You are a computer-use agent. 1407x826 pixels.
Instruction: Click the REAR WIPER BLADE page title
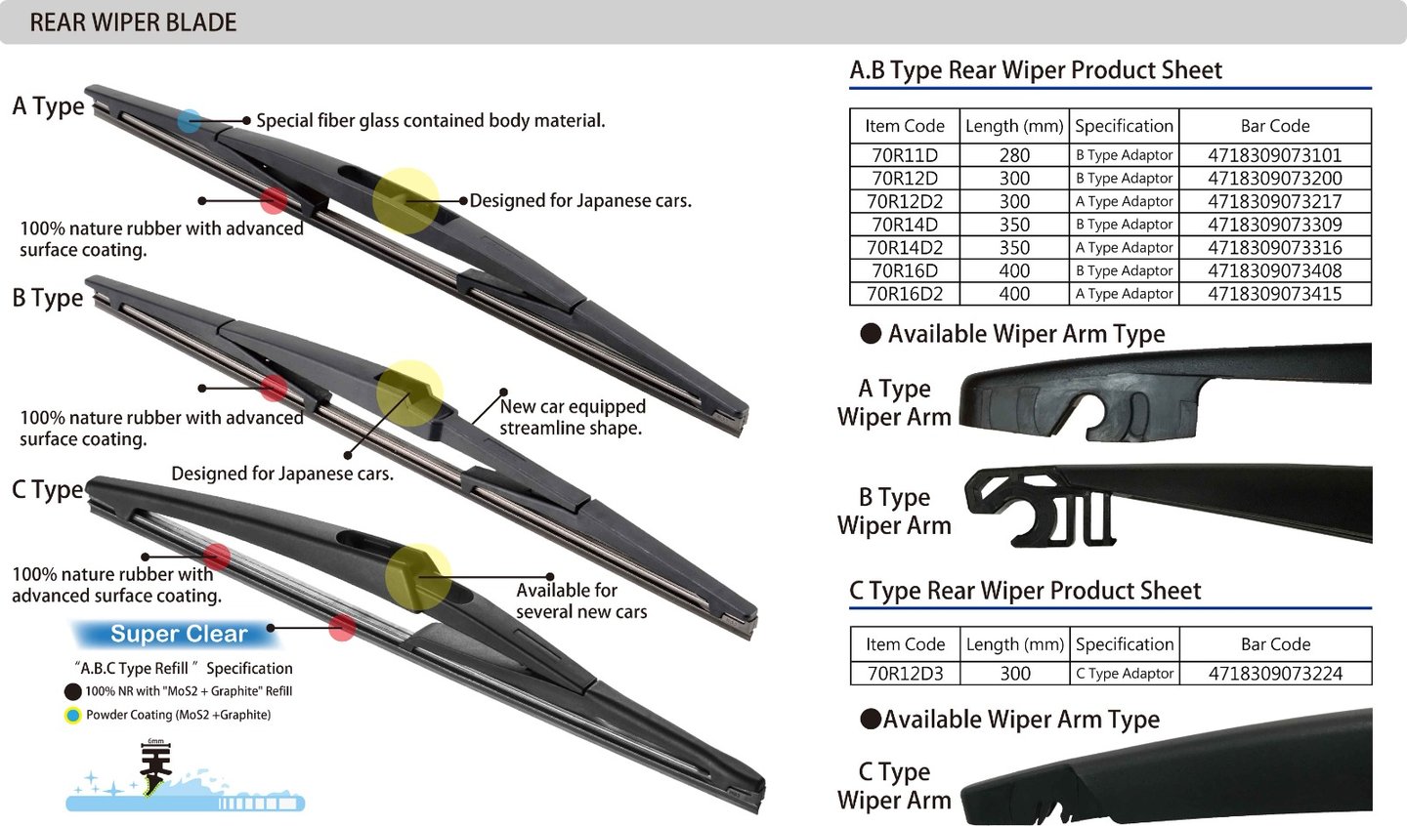pyautogui.click(x=133, y=22)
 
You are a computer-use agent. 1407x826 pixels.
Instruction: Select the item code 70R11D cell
pyautogui.click(x=904, y=155)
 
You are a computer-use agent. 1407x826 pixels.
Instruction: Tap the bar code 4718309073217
pyautogui.click(x=1274, y=201)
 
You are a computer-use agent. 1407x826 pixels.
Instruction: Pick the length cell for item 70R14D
pyautogui.click(x=1014, y=225)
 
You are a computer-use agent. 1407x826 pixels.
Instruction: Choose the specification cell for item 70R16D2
pyautogui.click(x=1124, y=294)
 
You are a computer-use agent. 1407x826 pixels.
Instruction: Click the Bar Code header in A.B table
pyautogui.click(x=1274, y=126)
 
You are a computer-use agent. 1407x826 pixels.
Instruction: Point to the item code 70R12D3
pyautogui.click(x=905, y=674)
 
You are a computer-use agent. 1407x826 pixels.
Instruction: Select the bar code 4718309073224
pyautogui.click(x=1275, y=674)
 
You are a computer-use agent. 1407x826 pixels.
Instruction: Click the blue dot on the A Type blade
pyautogui.click(x=189, y=121)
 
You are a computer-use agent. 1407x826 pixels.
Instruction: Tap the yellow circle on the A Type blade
pyautogui.click(x=405, y=200)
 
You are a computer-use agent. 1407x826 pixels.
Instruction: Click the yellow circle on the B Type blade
pyautogui.click(x=409, y=392)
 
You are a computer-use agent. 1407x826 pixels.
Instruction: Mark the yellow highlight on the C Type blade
pyautogui.click(x=418, y=577)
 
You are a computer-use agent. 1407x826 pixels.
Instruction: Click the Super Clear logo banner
pyautogui.click(x=179, y=635)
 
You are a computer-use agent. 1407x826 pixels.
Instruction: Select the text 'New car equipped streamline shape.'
pyautogui.click(x=572, y=417)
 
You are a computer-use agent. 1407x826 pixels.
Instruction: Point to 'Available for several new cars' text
pyautogui.click(x=581, y=600)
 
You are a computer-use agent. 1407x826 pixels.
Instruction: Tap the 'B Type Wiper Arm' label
pyautogui.click(x=894, y=512)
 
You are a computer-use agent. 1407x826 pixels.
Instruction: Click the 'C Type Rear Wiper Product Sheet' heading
pyautogui.click(x=1025, y=591)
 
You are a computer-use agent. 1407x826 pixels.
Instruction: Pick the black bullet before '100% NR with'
pyautogui.click(x=72, y=691)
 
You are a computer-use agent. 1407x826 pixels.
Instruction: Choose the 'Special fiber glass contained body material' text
pyautogui.click(x=431, y=121)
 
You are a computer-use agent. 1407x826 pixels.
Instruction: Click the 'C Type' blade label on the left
pyautogui.click(x=47, y=489)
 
